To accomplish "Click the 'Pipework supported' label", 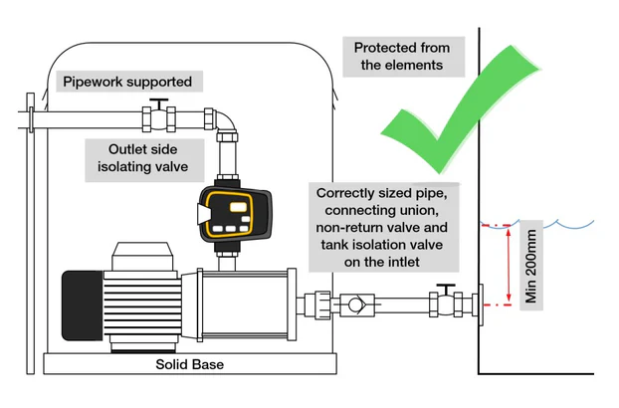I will [x=127, y=82].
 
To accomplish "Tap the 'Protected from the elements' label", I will [x=402, y=57].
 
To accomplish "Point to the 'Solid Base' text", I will [x=189, y=364].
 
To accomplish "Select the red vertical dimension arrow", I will [x=509, y=264].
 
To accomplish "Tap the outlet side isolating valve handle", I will [x=157, y=102].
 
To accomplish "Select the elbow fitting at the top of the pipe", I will [x=228, y=121].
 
